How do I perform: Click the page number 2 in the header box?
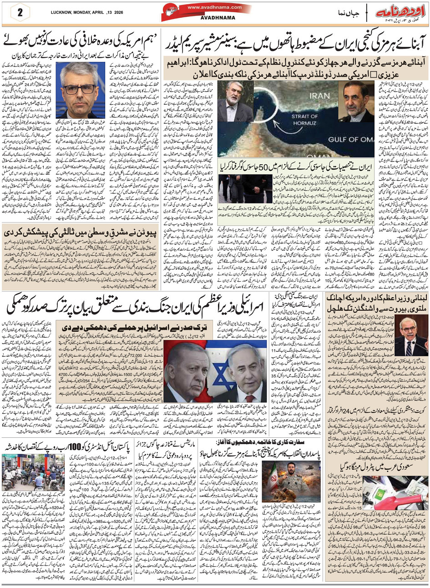[20, 12]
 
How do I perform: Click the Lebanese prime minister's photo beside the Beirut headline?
[410, 335]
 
